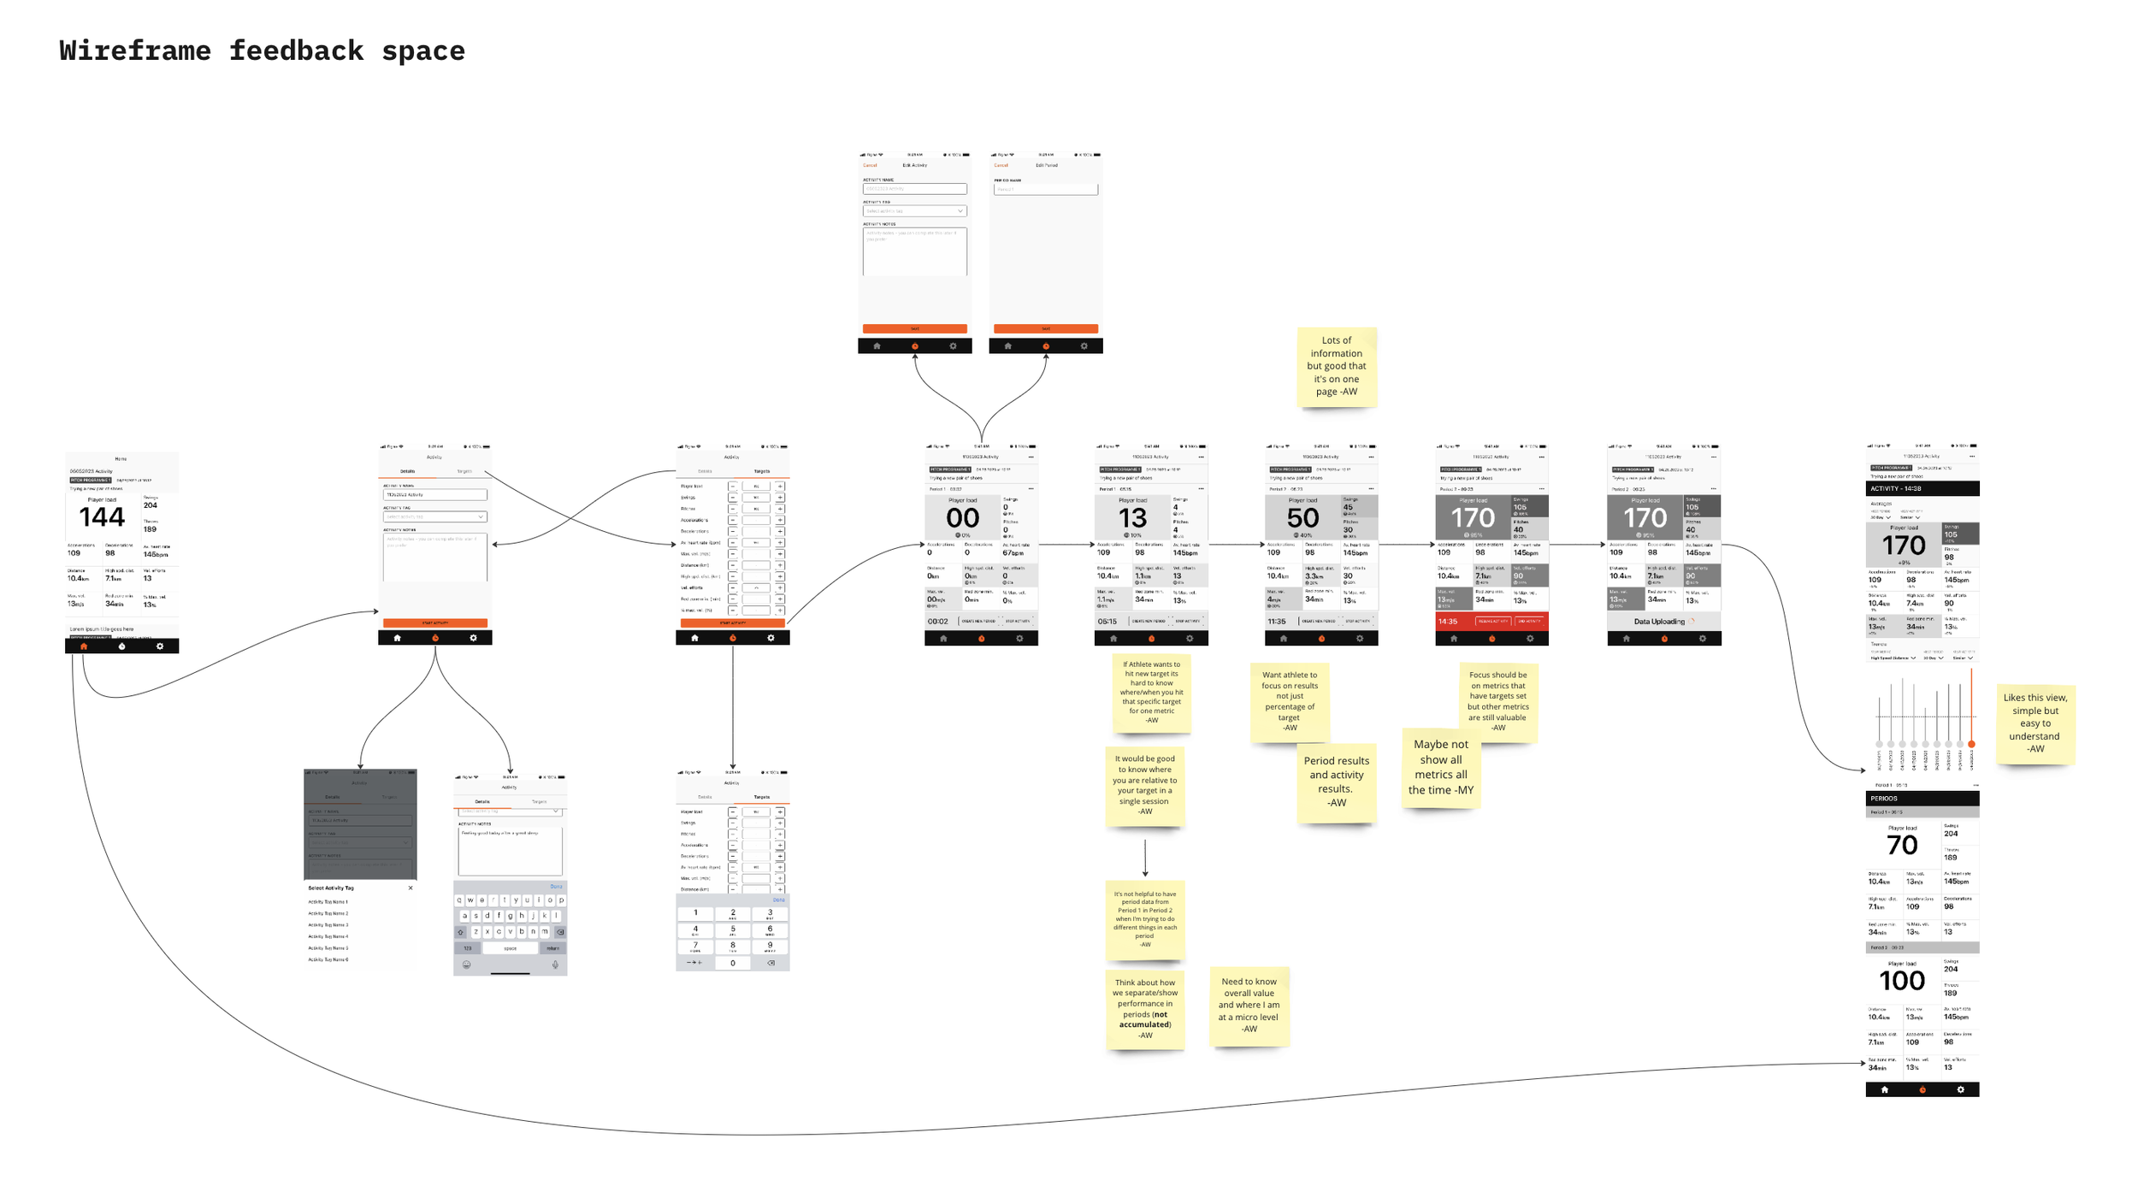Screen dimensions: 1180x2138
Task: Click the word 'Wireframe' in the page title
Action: coord(135,51)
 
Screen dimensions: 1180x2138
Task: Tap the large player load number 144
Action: coord(102,517)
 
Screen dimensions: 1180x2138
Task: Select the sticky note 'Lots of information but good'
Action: coord(1336,366)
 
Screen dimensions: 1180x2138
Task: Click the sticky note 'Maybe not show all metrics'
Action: coord(1441,767)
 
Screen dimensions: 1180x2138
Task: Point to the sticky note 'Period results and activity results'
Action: coord(1336,782)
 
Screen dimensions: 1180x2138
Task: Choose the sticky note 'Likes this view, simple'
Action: coord(2035,723)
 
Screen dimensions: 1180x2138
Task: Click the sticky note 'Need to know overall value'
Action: coord(1249,1005)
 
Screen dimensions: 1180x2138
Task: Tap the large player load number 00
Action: coord(962,518)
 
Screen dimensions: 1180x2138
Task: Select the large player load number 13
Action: coord(1132,518)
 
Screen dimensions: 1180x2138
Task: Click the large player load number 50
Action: coord(1302,518)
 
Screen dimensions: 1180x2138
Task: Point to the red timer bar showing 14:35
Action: coord(1491,622)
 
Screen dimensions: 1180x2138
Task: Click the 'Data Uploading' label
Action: coord(1659,622)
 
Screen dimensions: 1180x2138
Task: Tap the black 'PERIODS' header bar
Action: coord(1922,798)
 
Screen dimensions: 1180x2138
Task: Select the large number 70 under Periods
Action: coord(1902,846)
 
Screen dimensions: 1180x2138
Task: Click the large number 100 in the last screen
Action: coord(1902,981)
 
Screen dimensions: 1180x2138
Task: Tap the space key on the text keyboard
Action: coord(510,948)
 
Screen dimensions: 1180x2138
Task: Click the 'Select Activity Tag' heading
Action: coord(331,888)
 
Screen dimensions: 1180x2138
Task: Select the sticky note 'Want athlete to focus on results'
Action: coord(1289,700)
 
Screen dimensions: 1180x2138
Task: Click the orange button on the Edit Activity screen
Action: coord(914,328)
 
